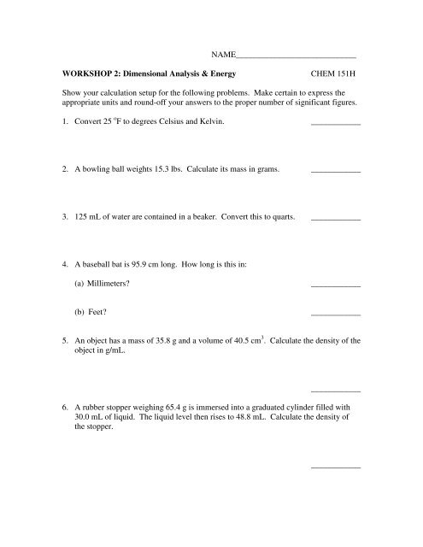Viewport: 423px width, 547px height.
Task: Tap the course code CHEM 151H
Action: tap(338, 74)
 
